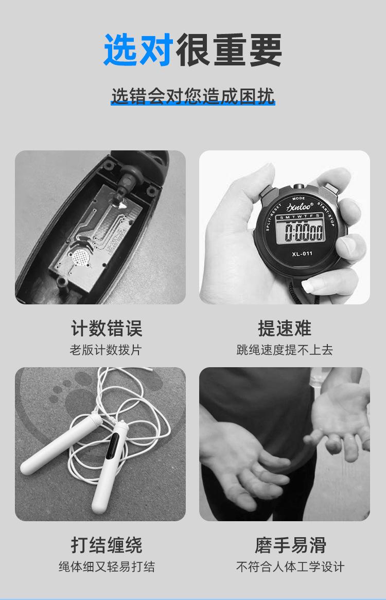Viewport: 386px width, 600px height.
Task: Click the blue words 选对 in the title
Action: (x=138, y=50)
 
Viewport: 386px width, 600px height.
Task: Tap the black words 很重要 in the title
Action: (x=229, y=50)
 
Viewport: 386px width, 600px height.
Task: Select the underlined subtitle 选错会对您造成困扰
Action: (x=193, y=96)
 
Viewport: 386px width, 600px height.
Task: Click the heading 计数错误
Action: (x=107, y=328)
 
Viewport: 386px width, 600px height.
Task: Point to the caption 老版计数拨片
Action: (x=106, y=350)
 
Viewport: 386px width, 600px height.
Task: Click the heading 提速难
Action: (x=285, y=328)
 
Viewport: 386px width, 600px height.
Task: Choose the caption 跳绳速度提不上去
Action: (x=285, y=350)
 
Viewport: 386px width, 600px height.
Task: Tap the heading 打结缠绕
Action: (x=107, y=545)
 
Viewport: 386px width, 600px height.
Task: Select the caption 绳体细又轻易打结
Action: (x=107, y=567)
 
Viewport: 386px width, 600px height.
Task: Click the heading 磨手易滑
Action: (x=290, y=545)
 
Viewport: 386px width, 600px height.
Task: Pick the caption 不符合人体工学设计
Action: (x=290, y=567)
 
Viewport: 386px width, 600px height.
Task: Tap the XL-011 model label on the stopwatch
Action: (x=302, y=254)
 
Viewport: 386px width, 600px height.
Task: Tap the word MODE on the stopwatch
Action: (x=299, y=198)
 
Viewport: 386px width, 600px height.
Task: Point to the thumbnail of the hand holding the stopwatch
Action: (x=285, y=227)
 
